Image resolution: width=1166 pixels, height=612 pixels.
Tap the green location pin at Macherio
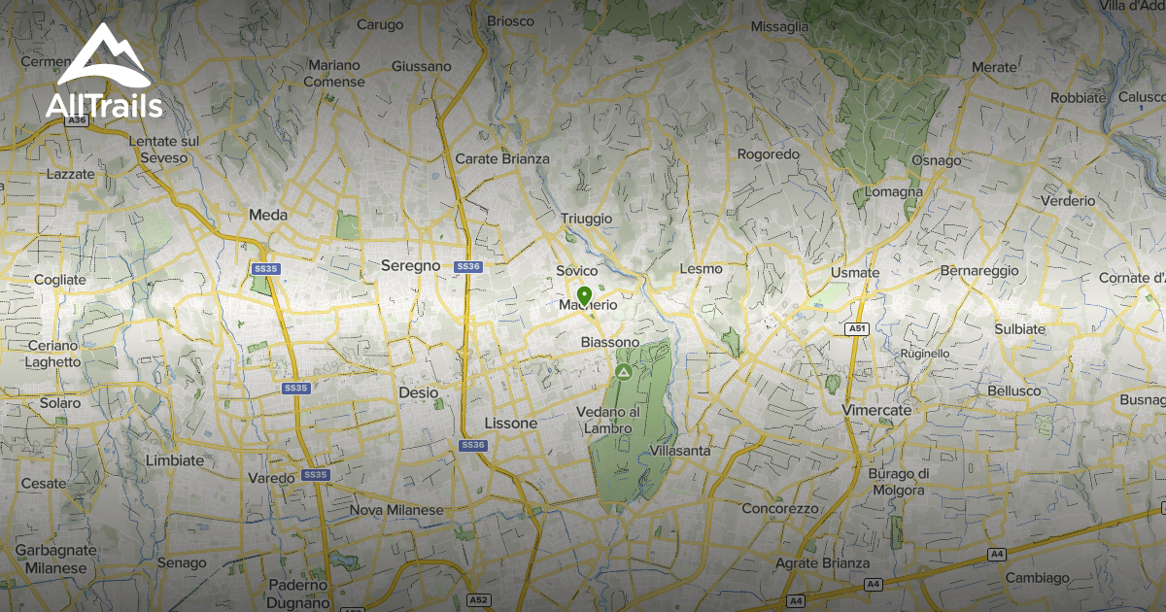[584, 295]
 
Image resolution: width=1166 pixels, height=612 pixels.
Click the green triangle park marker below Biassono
[623, 372]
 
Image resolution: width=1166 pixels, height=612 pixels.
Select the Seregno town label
[410, 265]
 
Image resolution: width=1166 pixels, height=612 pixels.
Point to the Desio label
[419, 392]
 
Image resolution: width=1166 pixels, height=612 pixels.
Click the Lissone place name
[510, 424]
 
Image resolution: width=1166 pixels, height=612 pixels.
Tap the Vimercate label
[877, 410]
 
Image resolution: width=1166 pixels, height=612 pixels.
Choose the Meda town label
[268, 215]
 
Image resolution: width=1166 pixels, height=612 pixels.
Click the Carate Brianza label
[502, 158]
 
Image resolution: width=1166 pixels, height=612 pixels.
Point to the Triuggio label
[587, 220]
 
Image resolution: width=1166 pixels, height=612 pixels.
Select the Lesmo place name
[702, 268]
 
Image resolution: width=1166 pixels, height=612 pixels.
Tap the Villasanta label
[680, 451]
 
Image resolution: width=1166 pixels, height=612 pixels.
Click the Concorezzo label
[780, 508]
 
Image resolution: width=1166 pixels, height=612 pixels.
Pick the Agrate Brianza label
[823, 563]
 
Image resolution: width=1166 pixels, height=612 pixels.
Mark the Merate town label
[993, 67]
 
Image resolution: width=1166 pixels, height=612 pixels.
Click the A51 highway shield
[856, 329]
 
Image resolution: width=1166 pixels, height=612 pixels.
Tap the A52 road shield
[477, 599]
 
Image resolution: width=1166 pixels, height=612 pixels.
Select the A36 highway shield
[78, 119]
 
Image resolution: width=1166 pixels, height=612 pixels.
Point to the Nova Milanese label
[396, 510]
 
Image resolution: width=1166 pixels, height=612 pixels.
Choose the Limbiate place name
[175, 459]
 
